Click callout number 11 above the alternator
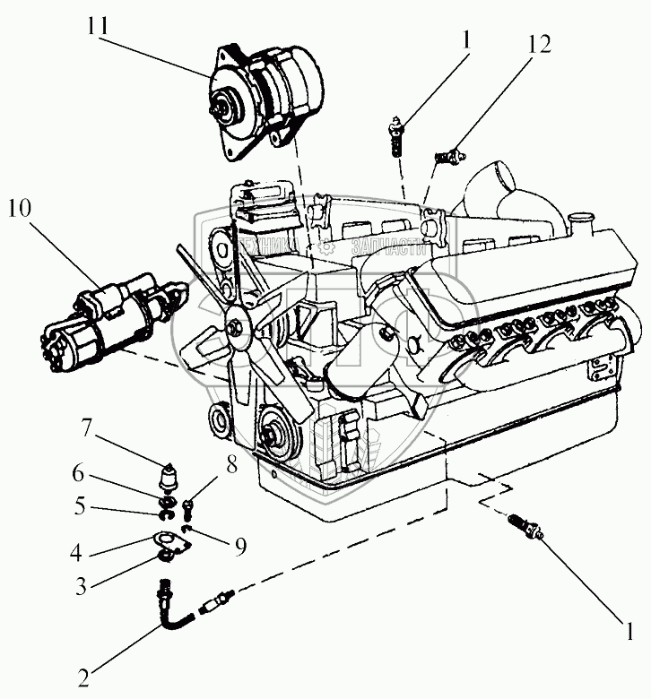(99, 27)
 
